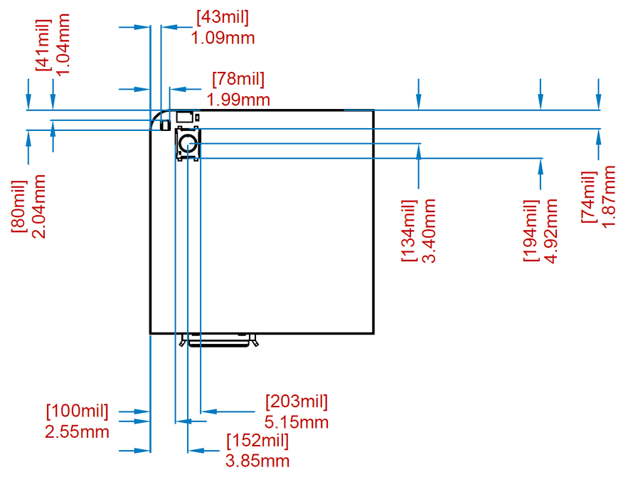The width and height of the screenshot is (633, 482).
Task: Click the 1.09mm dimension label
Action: [223, 38]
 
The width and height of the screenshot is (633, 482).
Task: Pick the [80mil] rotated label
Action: [19, 206]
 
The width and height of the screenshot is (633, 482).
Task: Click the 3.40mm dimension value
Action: [429, 231]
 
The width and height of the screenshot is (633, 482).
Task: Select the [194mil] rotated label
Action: [531, 231]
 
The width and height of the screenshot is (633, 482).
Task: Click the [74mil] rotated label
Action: [588, 197]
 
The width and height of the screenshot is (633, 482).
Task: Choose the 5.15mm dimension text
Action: [297, 421]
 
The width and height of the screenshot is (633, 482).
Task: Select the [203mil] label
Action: [297, 402]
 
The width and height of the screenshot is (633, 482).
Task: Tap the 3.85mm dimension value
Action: [257, 461]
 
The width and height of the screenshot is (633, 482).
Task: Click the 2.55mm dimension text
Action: [78, 431]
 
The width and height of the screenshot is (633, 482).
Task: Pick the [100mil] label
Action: [78, 412]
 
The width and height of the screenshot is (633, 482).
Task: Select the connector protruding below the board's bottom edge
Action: [219, 340]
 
